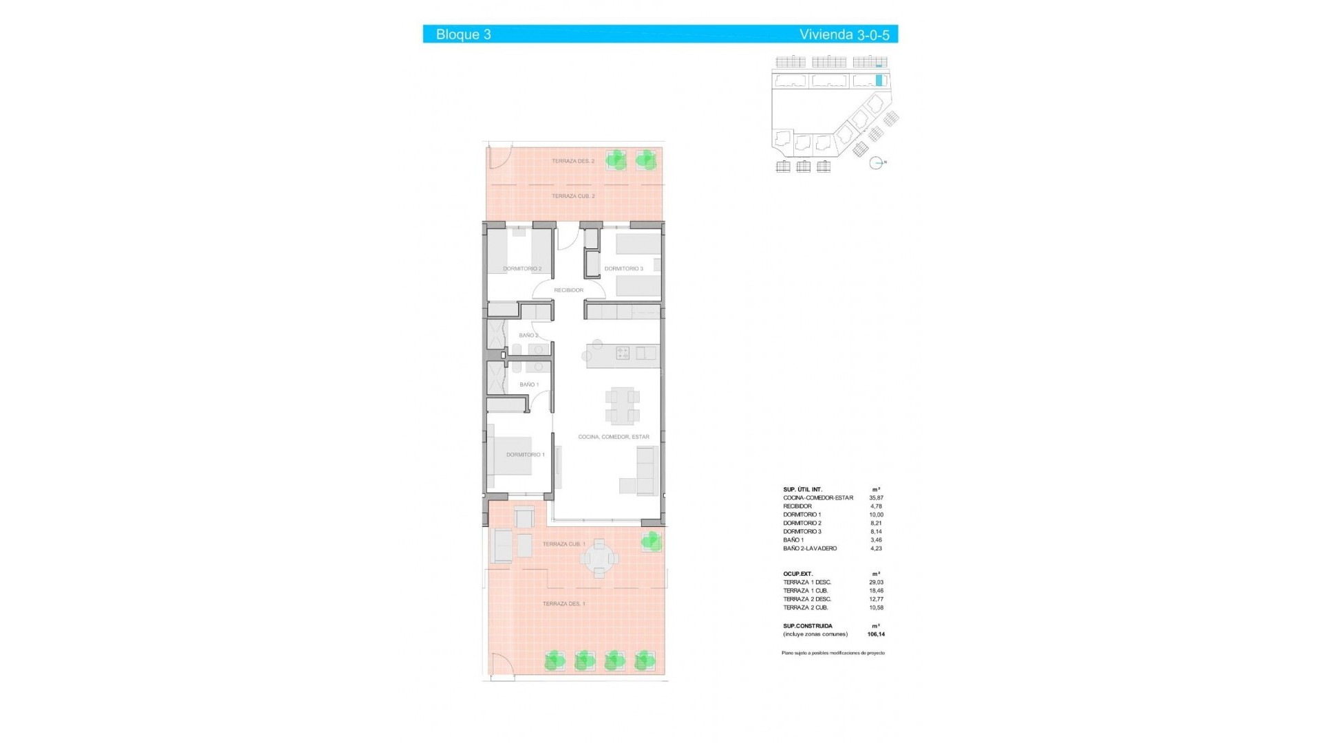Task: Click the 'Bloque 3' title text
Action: coord(463,34)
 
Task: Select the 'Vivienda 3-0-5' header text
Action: coord(844,34)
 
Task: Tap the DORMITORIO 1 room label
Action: coord(525,455)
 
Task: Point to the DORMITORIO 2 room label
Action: coord(522,269)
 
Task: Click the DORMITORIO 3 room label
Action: coord(623,269)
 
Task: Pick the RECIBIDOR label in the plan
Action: coord(568,290)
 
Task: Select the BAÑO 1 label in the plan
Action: coord(529,385)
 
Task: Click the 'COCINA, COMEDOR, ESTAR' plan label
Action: coord(614,437)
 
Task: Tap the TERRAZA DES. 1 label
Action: coord(563,604)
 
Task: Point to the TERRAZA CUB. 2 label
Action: coord(573,196)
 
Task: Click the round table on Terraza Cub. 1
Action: coord(600,557)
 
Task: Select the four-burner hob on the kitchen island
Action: coord(623,354)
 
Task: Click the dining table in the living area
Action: coord(623,406)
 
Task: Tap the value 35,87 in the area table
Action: coord(876,498)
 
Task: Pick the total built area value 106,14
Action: coord(876,634)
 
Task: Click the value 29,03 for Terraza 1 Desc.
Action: coord(876,583)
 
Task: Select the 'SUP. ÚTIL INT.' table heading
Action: coord(802,490)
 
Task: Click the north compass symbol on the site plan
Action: coord(876,163)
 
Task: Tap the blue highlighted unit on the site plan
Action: coord(879,80)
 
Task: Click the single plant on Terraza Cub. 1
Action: coord(650,541)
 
